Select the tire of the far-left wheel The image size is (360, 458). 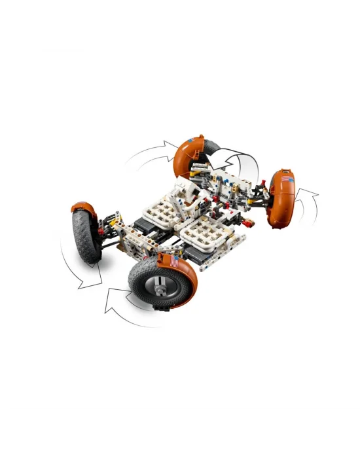[x=84, y=236]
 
